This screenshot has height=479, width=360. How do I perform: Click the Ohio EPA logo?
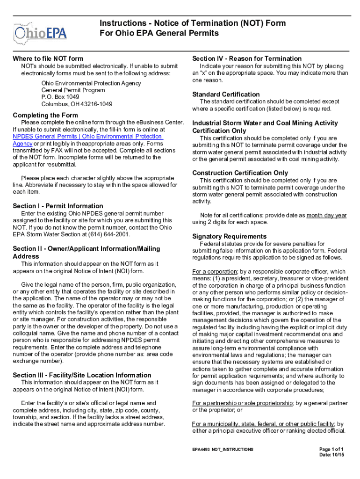pos(40,32)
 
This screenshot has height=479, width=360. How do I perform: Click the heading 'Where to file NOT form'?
pos(48,58)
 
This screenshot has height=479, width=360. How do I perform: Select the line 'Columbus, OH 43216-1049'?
pos(77,104)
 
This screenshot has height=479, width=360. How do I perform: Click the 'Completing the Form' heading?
pos(45,115)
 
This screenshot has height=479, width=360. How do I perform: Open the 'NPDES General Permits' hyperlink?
pos(87,136)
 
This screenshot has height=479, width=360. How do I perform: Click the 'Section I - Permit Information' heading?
pos(58,206)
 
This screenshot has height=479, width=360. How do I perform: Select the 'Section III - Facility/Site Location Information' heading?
pos(82,375)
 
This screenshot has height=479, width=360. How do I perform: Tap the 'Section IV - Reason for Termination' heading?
pos(247,58)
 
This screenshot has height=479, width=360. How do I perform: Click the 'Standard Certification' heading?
pos(226,94)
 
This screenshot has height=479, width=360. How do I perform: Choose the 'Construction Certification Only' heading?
pos(240,173)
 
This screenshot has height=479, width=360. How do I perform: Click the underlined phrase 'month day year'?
pos(326,215)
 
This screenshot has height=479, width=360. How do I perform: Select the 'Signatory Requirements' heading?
pos(230,236)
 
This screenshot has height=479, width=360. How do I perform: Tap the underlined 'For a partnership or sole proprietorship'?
pos(243,403)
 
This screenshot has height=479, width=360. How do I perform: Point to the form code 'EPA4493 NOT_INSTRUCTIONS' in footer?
pos(223,449)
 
